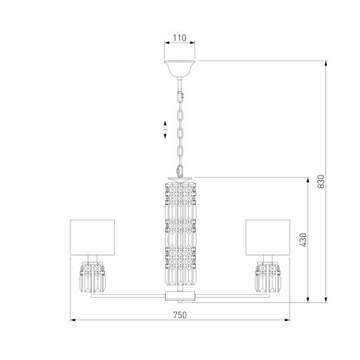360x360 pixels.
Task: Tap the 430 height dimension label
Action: pyautogui.click(x=303, y=239)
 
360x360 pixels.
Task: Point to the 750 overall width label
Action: pyautogui.click(x=180, y=315)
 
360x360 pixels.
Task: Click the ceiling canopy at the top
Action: pyautogui.click(x=180, y=67)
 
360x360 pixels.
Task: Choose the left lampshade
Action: pyautogui.click(x=91, y=237)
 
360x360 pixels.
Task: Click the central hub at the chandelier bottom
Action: pyautogui.click(x=180, y=296)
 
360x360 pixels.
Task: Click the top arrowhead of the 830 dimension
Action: pyautogui.click(x=327, y=62)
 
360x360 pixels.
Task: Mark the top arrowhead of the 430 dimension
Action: pyautogui.click(x=308, y=178)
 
